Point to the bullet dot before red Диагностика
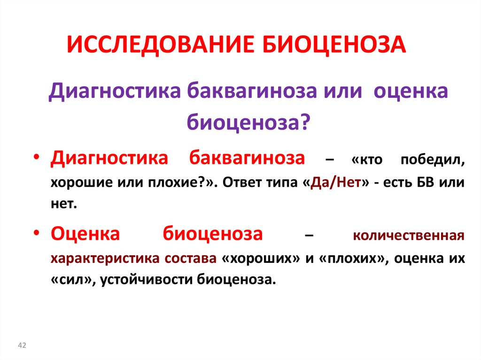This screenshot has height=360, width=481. pyautogui.click(x=38, y=158)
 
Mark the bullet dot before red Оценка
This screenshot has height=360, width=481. pyautogui.click(x=38, y=233)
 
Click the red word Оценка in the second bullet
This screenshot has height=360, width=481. pyautogui.click(x=86, y=232)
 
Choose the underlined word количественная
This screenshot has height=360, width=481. pyautogui.click(x=409, y=235)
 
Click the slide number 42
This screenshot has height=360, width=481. pyautogui.click(x=22, y=345)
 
